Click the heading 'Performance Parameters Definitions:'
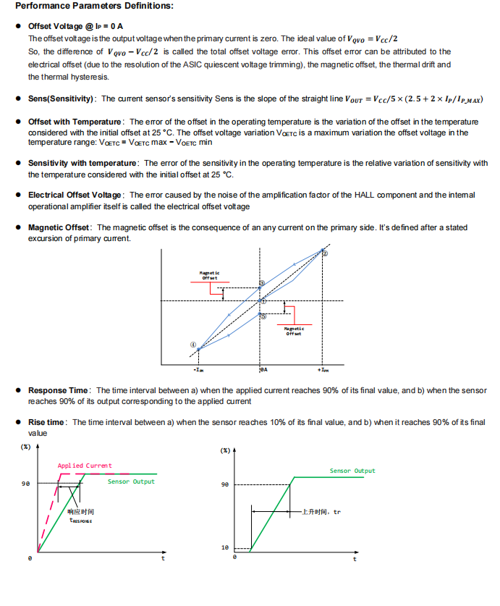(x=94, y=7)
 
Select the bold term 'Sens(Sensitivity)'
(x=61, y=98)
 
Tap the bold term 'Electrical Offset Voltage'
(x=75, y=195)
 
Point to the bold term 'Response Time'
(x=59, y=391)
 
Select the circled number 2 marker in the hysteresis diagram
(x=324, y=253)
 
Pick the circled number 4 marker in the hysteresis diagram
(x=193, y=344)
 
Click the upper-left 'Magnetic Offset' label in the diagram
(x=210, y=275)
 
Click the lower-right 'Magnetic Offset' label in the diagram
(x=295, y=331)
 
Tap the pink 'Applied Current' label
(x=85, y=466)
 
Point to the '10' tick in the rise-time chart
(x=225, y=547)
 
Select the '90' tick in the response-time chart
(x=26, y=482)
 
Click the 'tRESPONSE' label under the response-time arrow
(x=80, y=520)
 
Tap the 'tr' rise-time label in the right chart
(x=336, y=512)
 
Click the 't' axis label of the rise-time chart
(x=354, y=558)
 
